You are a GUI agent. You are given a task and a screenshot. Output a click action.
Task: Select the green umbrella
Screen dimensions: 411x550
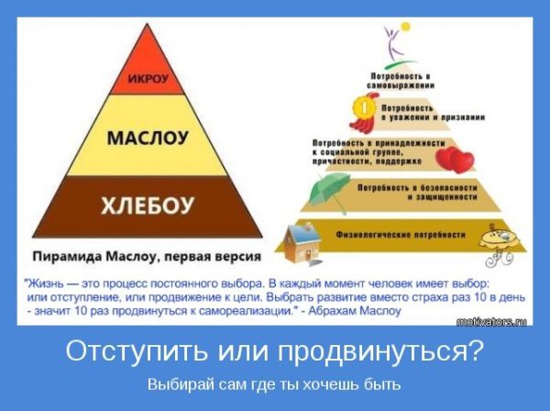(x=326, y=193)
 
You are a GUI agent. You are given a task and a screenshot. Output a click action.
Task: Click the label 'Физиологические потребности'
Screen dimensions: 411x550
(x=395, y=232)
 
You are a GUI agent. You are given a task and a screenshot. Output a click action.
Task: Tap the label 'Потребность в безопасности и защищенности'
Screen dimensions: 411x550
(x=403, y=191)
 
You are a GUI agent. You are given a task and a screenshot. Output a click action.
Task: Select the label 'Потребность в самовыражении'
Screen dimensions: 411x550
(x=395, y=78)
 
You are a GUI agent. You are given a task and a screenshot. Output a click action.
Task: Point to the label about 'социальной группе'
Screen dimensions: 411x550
(x=367, y=150)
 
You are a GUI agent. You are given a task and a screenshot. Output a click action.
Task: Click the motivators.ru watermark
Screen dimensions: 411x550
(x=494, y=321)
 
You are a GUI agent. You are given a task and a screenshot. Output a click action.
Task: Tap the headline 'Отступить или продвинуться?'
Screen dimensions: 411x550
(x=274, y=351)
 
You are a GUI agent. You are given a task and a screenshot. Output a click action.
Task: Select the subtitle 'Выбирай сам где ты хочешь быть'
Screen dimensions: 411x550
(x=274, y=383)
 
